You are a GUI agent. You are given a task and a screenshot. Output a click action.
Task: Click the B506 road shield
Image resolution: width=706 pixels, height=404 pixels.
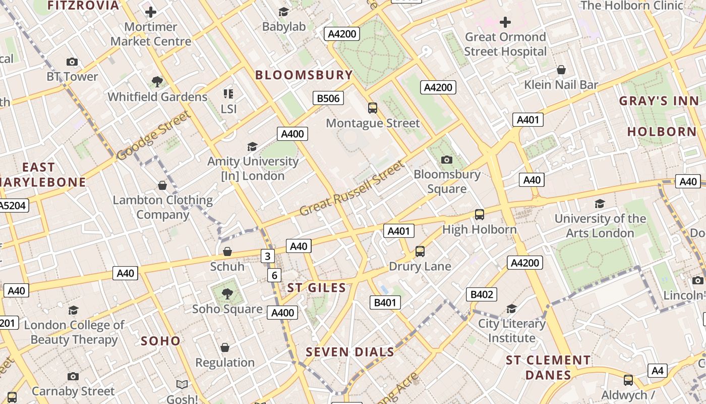click(328, 98)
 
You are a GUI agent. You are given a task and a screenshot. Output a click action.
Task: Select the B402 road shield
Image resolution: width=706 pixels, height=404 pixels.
click(482, 294)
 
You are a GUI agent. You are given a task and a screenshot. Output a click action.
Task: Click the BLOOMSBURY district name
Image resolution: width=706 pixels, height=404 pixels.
click(304, 75)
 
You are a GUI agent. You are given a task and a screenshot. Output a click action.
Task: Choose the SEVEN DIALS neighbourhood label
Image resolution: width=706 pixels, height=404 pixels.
click(350, 352)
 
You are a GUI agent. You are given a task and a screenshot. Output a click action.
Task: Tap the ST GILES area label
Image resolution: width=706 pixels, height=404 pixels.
click(317, 288)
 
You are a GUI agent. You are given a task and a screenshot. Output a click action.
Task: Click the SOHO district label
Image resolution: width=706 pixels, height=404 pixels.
click(160, 341)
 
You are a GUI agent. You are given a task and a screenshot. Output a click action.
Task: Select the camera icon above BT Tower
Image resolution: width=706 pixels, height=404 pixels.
click(72, 62)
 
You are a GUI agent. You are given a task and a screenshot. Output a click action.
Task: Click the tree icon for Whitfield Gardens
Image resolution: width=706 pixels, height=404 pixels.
click(157, 81)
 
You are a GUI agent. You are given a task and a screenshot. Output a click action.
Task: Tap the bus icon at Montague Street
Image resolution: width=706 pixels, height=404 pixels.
click(373, 108)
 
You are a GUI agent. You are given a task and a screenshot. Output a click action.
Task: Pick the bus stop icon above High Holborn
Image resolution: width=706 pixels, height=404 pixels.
click(480, 215)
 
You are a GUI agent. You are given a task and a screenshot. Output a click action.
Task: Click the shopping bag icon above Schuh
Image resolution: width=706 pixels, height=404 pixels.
click(227, 251)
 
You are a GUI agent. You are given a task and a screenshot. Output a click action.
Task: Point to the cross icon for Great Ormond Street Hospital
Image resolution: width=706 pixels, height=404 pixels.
click(505, 22)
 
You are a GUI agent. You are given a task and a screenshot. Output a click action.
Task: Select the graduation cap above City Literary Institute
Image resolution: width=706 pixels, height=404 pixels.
click(512, 309)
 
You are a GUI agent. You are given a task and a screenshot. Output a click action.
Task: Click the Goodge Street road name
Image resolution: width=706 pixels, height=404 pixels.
click(154, 135)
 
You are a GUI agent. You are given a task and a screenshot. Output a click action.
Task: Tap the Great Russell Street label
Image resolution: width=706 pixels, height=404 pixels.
click(352, 188)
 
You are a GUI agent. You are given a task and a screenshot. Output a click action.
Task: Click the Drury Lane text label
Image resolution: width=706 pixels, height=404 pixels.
click(420, 266)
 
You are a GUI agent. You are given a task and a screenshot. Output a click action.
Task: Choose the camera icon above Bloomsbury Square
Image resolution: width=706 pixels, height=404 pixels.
click(447, 160)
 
